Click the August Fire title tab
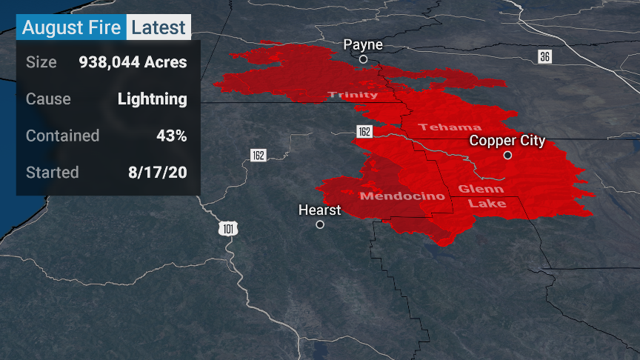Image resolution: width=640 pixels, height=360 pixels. point(71,27)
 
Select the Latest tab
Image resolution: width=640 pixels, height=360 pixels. point(159,27)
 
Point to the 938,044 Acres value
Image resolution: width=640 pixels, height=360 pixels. point(133,61)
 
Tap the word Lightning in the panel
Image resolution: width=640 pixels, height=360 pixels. point(152,99)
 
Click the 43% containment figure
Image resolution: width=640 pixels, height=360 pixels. point(171,136)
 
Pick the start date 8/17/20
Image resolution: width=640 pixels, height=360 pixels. point(157,173)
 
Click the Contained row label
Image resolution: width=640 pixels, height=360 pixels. point(62,136)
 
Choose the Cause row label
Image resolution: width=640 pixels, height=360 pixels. point(48,99)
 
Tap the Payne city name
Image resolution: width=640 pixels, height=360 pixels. point(363,45)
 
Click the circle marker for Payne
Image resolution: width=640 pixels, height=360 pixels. point(363,59)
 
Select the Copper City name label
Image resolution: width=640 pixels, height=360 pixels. point(507,141)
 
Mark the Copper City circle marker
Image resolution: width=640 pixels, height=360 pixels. point(507,156)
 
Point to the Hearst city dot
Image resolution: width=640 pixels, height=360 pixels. point(320,224)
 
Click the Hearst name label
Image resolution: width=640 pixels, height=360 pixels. point(319,210)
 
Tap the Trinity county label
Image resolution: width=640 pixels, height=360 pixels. point(353,95)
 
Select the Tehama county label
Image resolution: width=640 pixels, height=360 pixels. point(450,127)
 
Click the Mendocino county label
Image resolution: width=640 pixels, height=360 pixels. point(402,196)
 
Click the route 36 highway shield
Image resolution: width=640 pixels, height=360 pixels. point(544,57)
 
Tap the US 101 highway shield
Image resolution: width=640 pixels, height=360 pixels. point(228,230)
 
